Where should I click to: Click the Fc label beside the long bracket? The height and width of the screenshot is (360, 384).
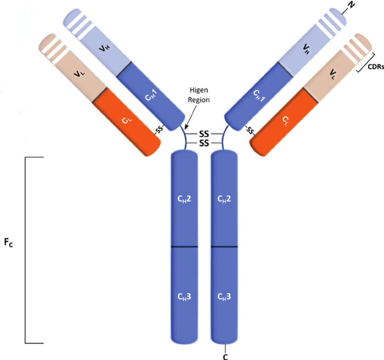[x=8, y=242]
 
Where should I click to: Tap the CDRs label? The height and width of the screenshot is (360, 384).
[x=376, y=67]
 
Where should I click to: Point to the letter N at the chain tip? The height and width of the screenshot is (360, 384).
[x=351, y=5]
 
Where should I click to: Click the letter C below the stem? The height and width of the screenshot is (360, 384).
[x=225, y=357]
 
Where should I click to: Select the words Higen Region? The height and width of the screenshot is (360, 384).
[x=199, y=95]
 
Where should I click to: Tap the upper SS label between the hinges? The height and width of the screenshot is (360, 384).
[x=204, y=134]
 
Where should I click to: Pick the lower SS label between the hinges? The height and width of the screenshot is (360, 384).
[x=204, y=143]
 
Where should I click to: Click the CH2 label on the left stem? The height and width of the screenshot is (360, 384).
[x=184, y=199]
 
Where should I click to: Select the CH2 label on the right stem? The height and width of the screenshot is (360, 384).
[x=224, y=199]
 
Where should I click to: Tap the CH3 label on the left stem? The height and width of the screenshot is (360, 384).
[x=184, y=297]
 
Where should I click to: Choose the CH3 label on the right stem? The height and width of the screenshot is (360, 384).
[x=224, y=297]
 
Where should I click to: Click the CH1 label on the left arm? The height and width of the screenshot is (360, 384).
[x=151, y=95]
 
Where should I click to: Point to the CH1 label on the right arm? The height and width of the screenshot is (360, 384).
[x=259, y=96]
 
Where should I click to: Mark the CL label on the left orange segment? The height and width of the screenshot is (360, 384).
[x=127, y=120]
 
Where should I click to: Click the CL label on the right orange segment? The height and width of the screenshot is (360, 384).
[x=285, y=120]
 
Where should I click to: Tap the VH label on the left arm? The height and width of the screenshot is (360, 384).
[x=105, y=48]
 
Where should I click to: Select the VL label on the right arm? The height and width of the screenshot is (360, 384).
[x=332, y=74]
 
